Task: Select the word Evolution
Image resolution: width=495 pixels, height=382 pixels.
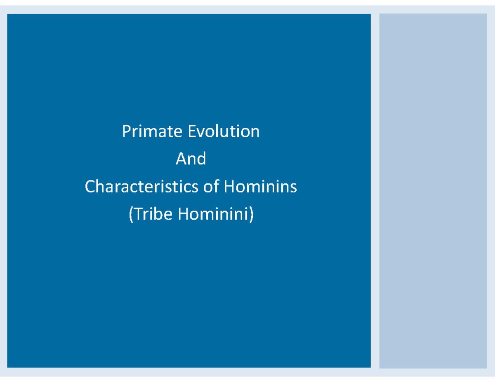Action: coord(224,132)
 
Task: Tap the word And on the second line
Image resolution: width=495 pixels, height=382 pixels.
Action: coord(191,159)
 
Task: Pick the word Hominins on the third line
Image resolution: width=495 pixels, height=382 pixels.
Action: coord(260,187)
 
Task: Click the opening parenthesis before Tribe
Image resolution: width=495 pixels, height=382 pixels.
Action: coord(131,215)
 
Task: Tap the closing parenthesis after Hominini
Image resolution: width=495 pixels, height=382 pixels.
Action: coord(251,215)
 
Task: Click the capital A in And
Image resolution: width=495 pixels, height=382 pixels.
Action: coord(180,159)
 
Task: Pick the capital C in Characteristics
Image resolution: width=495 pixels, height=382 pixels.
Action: coord(90,187)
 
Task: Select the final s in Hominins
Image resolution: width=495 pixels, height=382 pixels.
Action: coord(293,188)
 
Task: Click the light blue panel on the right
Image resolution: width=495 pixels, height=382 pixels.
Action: coord(433,191)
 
